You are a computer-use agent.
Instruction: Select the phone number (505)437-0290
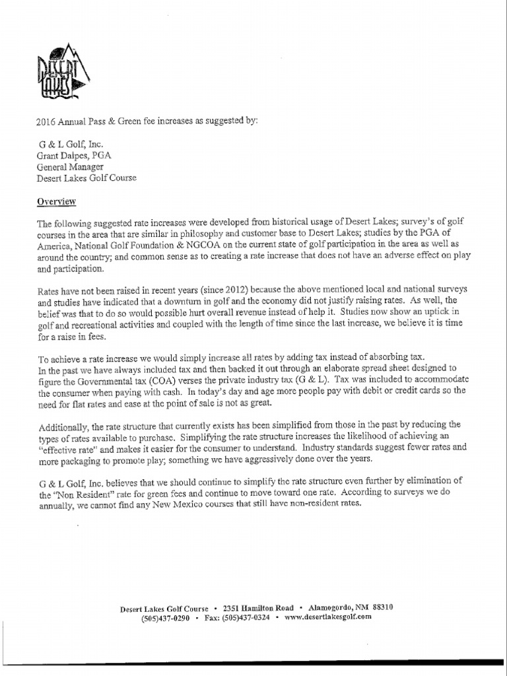pyautogui.click(x=166, y=618)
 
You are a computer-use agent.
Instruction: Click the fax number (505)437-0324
pyautogui.click(x=244, y=618)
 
